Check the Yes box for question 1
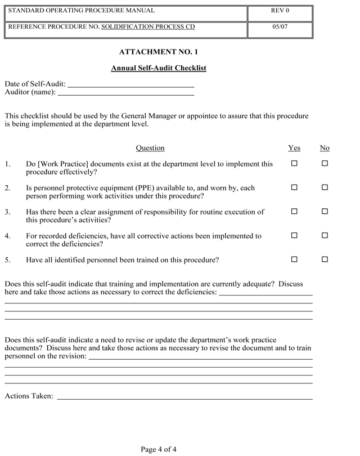coord(294,164)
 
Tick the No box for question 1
coord(325,164)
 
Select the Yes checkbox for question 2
coord(294,187)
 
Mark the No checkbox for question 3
coord(325,212)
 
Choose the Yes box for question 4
coord(294,236)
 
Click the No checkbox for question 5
coord(325,260)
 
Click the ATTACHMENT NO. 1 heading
coord(159,52)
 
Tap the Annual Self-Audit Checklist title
coord(159,68)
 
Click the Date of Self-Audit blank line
coord(130,86)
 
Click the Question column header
coord(150,148)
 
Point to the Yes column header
coord(294,148)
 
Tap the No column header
coord(325,148)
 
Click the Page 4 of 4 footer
coord(159,449)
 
